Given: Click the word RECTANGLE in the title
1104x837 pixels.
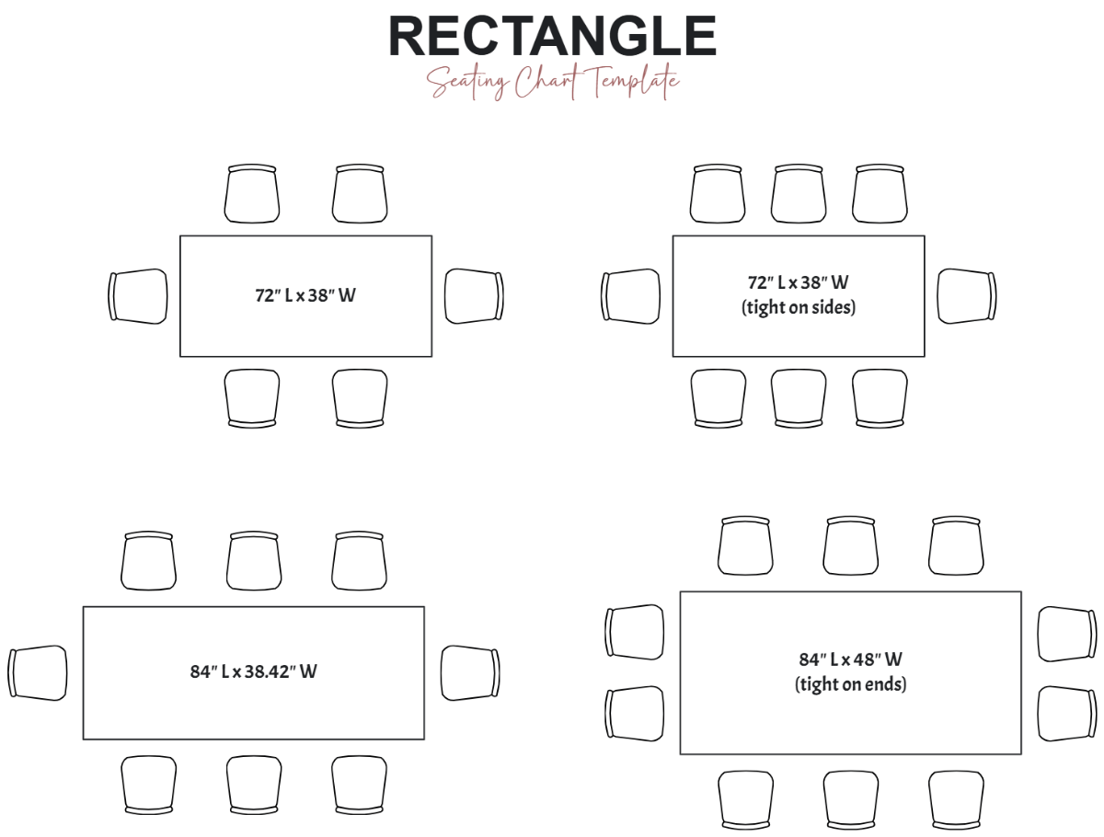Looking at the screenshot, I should (x=552, y=37).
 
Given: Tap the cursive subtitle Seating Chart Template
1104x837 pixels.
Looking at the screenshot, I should (x=553, y=84).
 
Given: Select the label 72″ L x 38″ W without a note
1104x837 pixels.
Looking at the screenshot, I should (x=305, y=296).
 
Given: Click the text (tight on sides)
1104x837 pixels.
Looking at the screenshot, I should (x=798, y=307).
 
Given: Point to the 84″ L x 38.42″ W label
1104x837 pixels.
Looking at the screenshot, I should (x=253, y=671).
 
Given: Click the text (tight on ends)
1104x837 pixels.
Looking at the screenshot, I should (x=850, y=684).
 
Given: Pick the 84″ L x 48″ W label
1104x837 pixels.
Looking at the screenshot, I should (x=850, y=659).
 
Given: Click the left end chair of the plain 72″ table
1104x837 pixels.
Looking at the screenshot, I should (x=139, y=296).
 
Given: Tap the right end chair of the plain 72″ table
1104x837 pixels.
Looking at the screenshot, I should (x=474, y=296).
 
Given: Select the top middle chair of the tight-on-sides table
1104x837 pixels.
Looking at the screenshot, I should (x=799, y=194).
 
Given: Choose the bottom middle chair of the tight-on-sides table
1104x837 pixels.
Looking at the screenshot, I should (x=799, y=398).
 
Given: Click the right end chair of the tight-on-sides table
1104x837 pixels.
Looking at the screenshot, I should (x=966, y=296).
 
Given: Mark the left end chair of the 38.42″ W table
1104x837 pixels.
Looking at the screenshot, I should (x=38, y=672).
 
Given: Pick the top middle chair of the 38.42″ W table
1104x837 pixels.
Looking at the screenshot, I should (x=255, y=560).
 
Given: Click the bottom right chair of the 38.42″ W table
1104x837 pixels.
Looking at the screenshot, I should (x=360, y=785).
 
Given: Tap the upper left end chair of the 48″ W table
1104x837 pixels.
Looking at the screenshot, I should (x=635, y=633).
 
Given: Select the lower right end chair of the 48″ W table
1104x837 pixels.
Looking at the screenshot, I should (x=1067, y=714).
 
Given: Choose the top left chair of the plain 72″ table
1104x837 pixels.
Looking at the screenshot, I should (x=252, y=194).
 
